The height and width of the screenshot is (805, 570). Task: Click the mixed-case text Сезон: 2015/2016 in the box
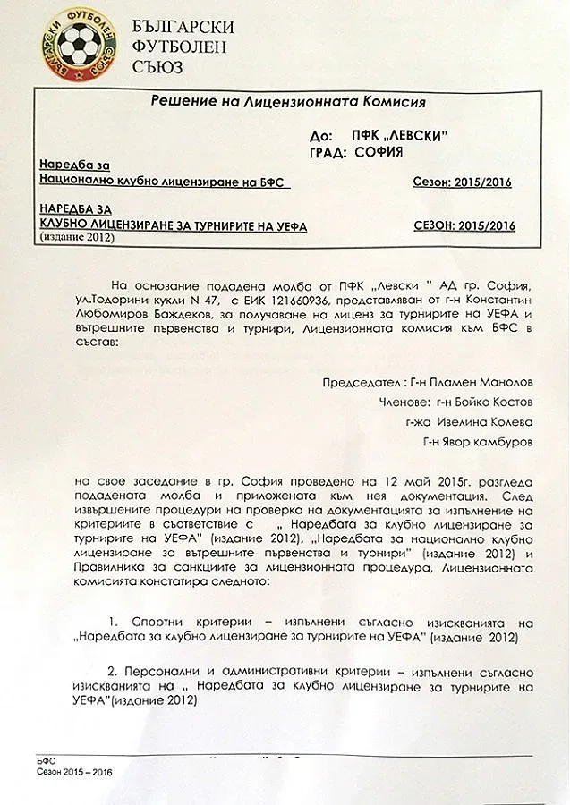coord(462,182)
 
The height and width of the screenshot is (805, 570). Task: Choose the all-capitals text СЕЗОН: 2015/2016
coord(465,226)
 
